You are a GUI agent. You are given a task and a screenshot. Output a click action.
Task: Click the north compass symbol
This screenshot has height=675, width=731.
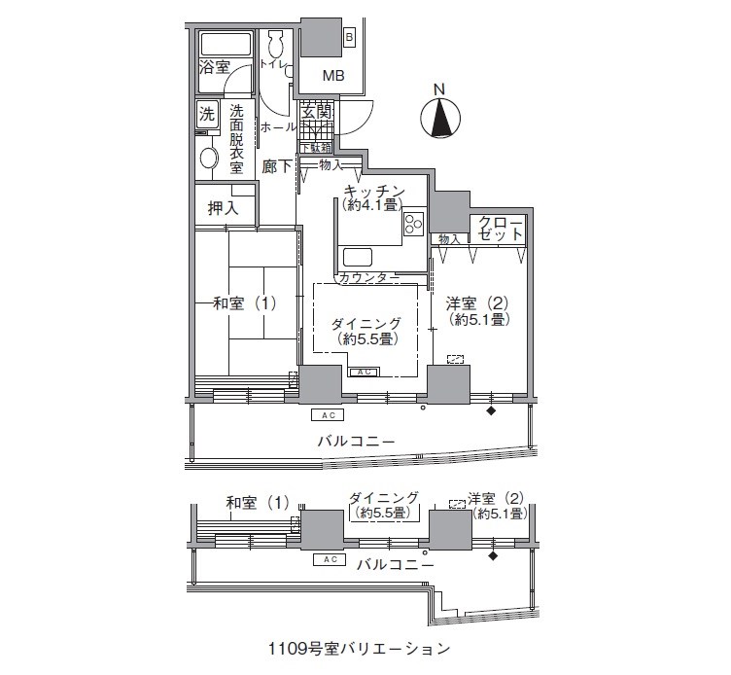pos(439,119)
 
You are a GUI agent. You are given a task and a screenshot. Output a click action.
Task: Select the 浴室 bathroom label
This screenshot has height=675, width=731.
pos(214,68)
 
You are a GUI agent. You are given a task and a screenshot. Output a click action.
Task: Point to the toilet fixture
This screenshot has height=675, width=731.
pos(275,45)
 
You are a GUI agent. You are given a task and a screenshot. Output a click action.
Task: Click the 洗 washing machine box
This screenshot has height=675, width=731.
pos(207,113)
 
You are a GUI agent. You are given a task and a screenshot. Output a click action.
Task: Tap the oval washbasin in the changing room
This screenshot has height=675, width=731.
pos(208,158)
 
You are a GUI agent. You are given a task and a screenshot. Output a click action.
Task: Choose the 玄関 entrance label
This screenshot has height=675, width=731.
pos(316,113)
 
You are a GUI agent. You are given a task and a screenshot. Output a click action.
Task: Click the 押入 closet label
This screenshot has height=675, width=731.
pos(224,208)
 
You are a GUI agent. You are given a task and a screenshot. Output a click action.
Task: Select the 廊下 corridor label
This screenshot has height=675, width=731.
pos(277,167)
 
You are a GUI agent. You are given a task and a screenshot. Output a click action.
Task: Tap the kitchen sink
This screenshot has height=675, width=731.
pos(357,258)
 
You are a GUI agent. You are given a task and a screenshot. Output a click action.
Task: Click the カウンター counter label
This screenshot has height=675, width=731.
pos(367,278)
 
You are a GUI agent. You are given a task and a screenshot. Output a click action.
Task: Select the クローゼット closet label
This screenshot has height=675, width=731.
pos(501,231)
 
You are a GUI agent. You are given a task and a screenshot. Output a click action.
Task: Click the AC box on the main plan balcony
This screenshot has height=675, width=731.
pos(329,415)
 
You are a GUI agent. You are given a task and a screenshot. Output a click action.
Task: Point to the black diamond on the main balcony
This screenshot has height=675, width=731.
pos(490,411)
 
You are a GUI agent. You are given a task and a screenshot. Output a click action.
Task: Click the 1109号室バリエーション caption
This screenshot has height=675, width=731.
pos(360,647)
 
